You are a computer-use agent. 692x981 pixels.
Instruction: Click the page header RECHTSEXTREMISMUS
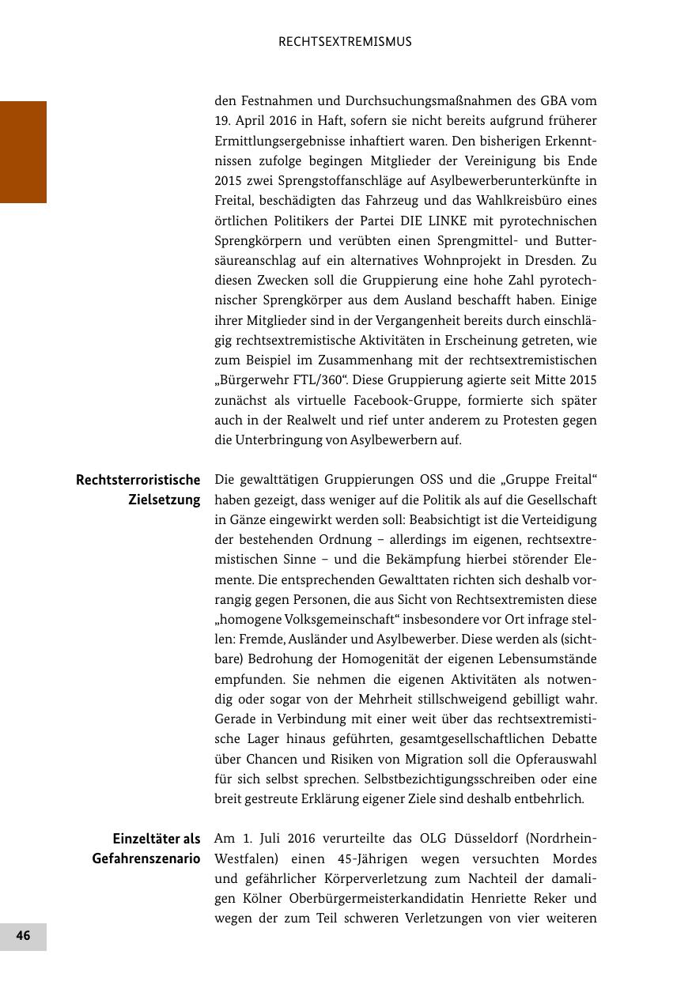coord(345,42)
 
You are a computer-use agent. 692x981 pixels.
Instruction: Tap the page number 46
coord(23,936)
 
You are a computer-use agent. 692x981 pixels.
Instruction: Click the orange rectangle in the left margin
coord(23,152)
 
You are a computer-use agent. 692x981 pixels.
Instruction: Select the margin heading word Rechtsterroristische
coord(138,480)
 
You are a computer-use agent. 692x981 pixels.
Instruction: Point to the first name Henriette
coord(435,898)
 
